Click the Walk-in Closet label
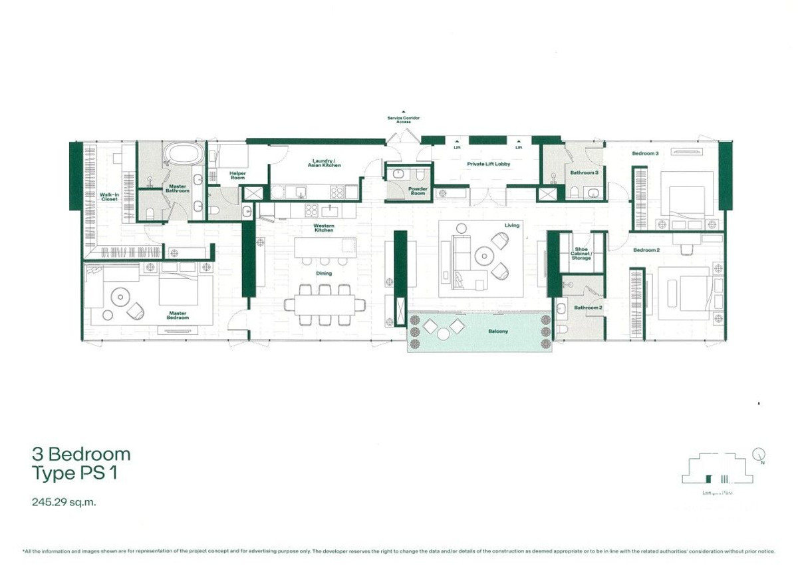pos(108,197)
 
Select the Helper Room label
pos(237,176)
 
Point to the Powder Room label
pos(418,190)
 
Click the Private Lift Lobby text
pos(488,164)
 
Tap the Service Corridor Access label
pos(404,120)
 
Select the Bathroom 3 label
pos(585,172)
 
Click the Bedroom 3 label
pos(645,154)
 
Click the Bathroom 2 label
pos(588,308)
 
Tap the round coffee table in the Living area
pos(483,254)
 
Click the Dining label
pos(324,274)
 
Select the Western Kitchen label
pos(324,228)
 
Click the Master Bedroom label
pos(178,315)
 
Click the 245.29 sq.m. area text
pos(64,503)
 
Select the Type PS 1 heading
pos(78,473)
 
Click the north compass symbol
pos(759,455)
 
